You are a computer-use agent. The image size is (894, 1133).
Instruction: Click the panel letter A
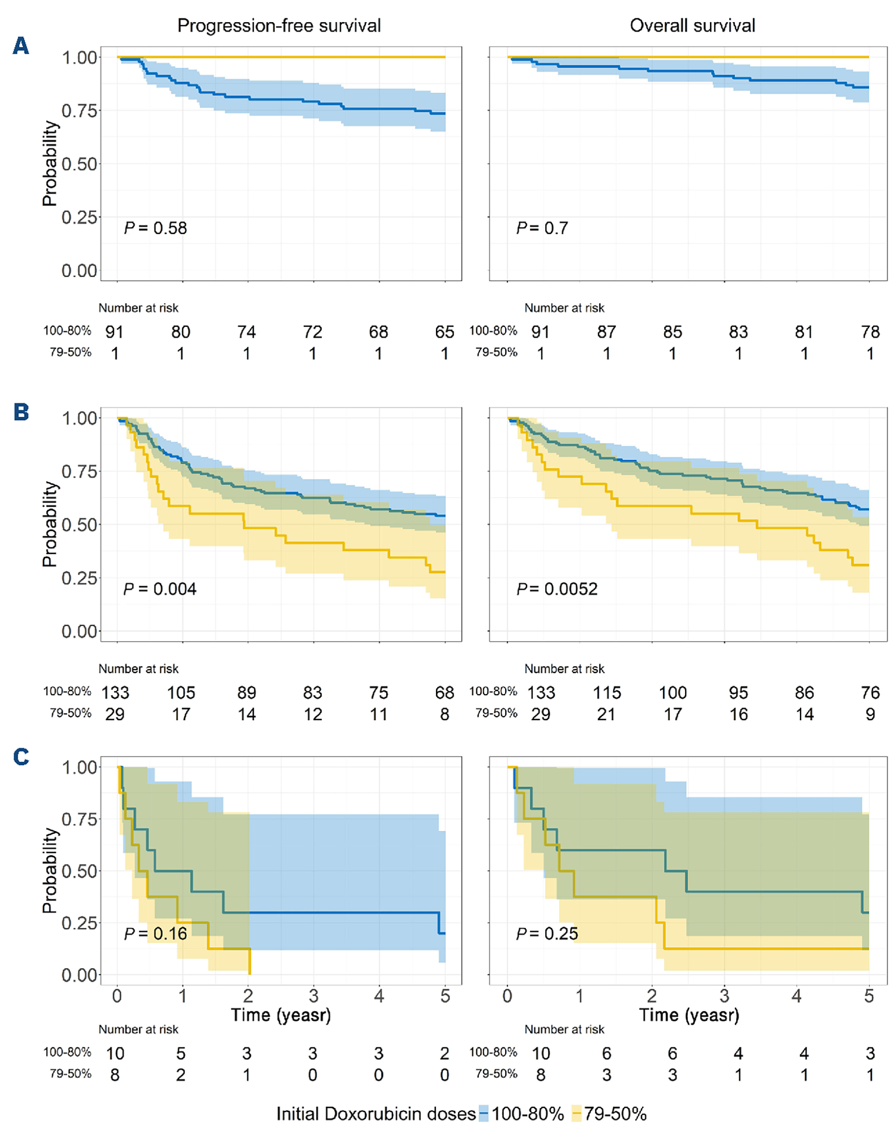[20, 46]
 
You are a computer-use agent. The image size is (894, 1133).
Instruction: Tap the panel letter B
[21, 412]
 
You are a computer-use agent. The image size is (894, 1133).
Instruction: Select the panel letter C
[21, 757]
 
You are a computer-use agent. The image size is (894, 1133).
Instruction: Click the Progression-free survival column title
[279, 25]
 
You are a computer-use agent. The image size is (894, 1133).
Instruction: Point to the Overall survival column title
[692, 25]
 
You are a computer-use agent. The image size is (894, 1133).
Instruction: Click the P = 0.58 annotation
[155, 228]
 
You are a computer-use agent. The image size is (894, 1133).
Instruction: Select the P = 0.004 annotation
[160, 589]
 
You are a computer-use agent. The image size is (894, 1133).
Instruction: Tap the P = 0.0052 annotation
[556, 589]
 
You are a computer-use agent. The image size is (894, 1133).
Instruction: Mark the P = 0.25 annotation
[547, 933]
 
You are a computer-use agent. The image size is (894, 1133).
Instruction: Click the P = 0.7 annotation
[542, 228]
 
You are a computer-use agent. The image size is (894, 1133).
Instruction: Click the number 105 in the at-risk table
[181, 693]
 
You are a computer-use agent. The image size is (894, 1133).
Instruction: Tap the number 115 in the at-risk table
[607, 693]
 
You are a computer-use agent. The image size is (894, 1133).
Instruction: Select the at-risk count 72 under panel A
[313, 332]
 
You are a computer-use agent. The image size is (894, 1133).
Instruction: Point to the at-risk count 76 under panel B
[870, 693]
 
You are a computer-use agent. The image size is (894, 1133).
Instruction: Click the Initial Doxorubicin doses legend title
[376, 1114]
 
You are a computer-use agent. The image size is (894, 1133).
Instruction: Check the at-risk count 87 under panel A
[607, 332]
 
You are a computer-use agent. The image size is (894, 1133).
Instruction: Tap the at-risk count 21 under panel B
[607, 715]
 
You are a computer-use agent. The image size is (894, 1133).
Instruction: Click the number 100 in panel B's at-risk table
[673, 693]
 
